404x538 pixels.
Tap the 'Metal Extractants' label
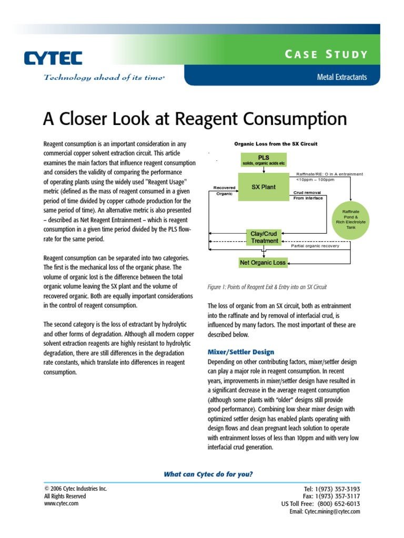coord(341,77)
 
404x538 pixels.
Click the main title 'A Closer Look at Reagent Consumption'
coord(195,119)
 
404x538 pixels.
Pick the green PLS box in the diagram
coord(264,160)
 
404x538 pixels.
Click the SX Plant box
coord(264,187)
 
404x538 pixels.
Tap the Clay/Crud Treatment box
coord(264,237)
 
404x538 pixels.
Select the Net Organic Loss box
coord(263,262)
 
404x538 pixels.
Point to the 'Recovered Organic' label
coord(224,190)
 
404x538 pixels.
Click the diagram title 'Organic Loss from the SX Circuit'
coord(276,143)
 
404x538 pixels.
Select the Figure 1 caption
coord(267,287)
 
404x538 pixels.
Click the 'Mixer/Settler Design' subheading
coord(241,351)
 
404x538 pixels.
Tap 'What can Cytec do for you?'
coord(208,474)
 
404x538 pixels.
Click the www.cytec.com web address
coord(61,503)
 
